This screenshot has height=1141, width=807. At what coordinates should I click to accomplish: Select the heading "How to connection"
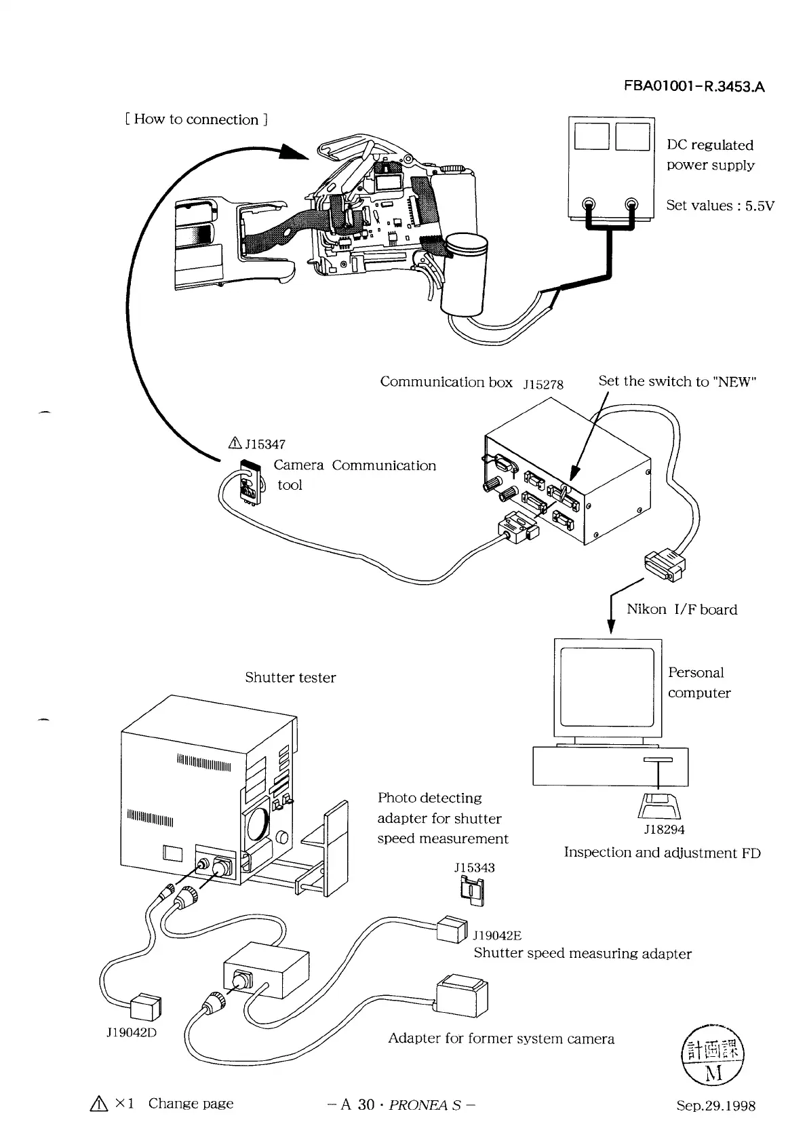click(x=197, y=120)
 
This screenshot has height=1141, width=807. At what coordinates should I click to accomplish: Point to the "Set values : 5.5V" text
click(x=720, y=206)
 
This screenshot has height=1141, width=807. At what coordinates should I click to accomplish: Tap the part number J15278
click(x=543, y=384)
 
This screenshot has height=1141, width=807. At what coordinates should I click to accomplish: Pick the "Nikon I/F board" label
click(x=682, y=609)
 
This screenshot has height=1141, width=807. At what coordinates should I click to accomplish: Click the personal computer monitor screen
click(x=607, y=689)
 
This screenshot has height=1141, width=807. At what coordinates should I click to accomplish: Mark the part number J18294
click(x=664, y=830)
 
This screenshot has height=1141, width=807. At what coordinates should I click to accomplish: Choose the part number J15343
click(x=474, y=868)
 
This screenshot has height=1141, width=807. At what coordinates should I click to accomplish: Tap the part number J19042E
click(x=497, y=936)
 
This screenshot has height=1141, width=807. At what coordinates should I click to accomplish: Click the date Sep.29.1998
click(x=715, y=1106)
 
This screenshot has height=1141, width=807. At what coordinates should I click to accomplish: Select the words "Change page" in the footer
click(x=191, y=1104)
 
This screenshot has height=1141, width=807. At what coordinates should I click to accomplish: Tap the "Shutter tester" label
click(x=290, y=678)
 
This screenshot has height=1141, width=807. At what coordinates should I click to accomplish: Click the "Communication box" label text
click(x=446, y=382)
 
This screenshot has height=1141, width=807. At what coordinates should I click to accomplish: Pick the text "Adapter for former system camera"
click(x=501, y=1039)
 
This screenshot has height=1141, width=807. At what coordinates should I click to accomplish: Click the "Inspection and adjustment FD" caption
click(x=662, y=853)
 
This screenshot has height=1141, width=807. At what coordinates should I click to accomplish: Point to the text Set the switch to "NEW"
click(x=677, y=381)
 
